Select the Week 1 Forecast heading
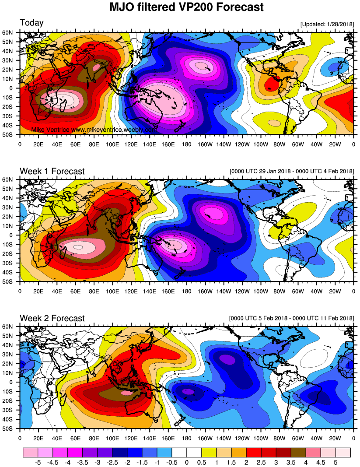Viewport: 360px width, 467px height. pos(52,171)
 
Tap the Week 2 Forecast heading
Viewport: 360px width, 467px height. pos(52,318)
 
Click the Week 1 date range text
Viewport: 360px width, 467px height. pos(291,171)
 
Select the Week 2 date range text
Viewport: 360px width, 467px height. pos(291,318)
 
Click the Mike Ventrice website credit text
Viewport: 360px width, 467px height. pos(94,130)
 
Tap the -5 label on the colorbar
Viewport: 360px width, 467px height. pos(38,462)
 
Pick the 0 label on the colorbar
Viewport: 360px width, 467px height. pos(186,462)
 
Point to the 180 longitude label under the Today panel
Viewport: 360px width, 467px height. pos(186,143)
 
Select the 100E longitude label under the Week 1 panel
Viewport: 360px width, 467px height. pos(112,290)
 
